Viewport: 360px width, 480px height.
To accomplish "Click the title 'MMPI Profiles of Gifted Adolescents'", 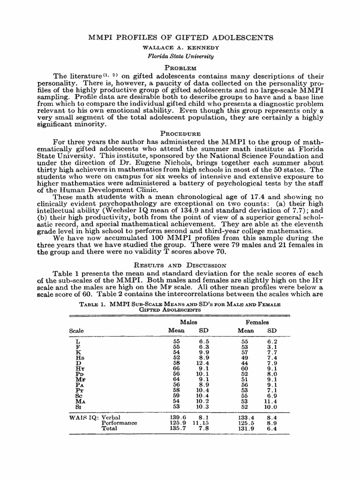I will pos(180,37).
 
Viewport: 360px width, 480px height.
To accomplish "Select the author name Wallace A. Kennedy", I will pos(180,47).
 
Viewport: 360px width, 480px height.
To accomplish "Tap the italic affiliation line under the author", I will pos(180,56).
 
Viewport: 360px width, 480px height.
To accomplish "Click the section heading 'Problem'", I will pos(180,67).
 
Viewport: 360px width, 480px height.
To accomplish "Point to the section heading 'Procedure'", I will pos(180,134).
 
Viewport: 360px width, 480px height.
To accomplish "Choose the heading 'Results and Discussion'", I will pos(180,265).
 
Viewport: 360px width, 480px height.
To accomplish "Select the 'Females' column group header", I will pos(257,322).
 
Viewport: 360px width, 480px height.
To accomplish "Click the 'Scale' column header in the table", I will pos(77,330).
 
